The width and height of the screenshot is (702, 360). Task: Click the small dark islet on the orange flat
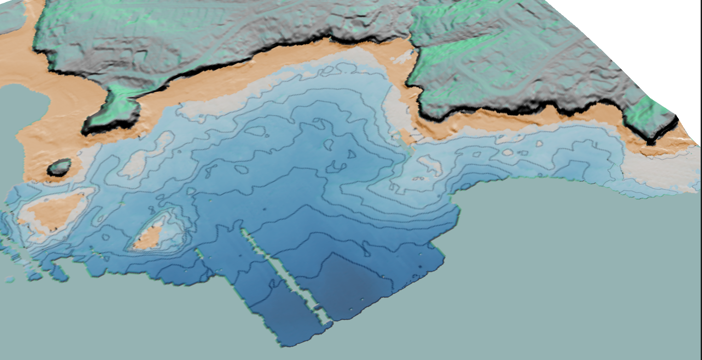pos(60,167)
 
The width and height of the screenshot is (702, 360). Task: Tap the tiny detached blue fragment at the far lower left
pos(9,279)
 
